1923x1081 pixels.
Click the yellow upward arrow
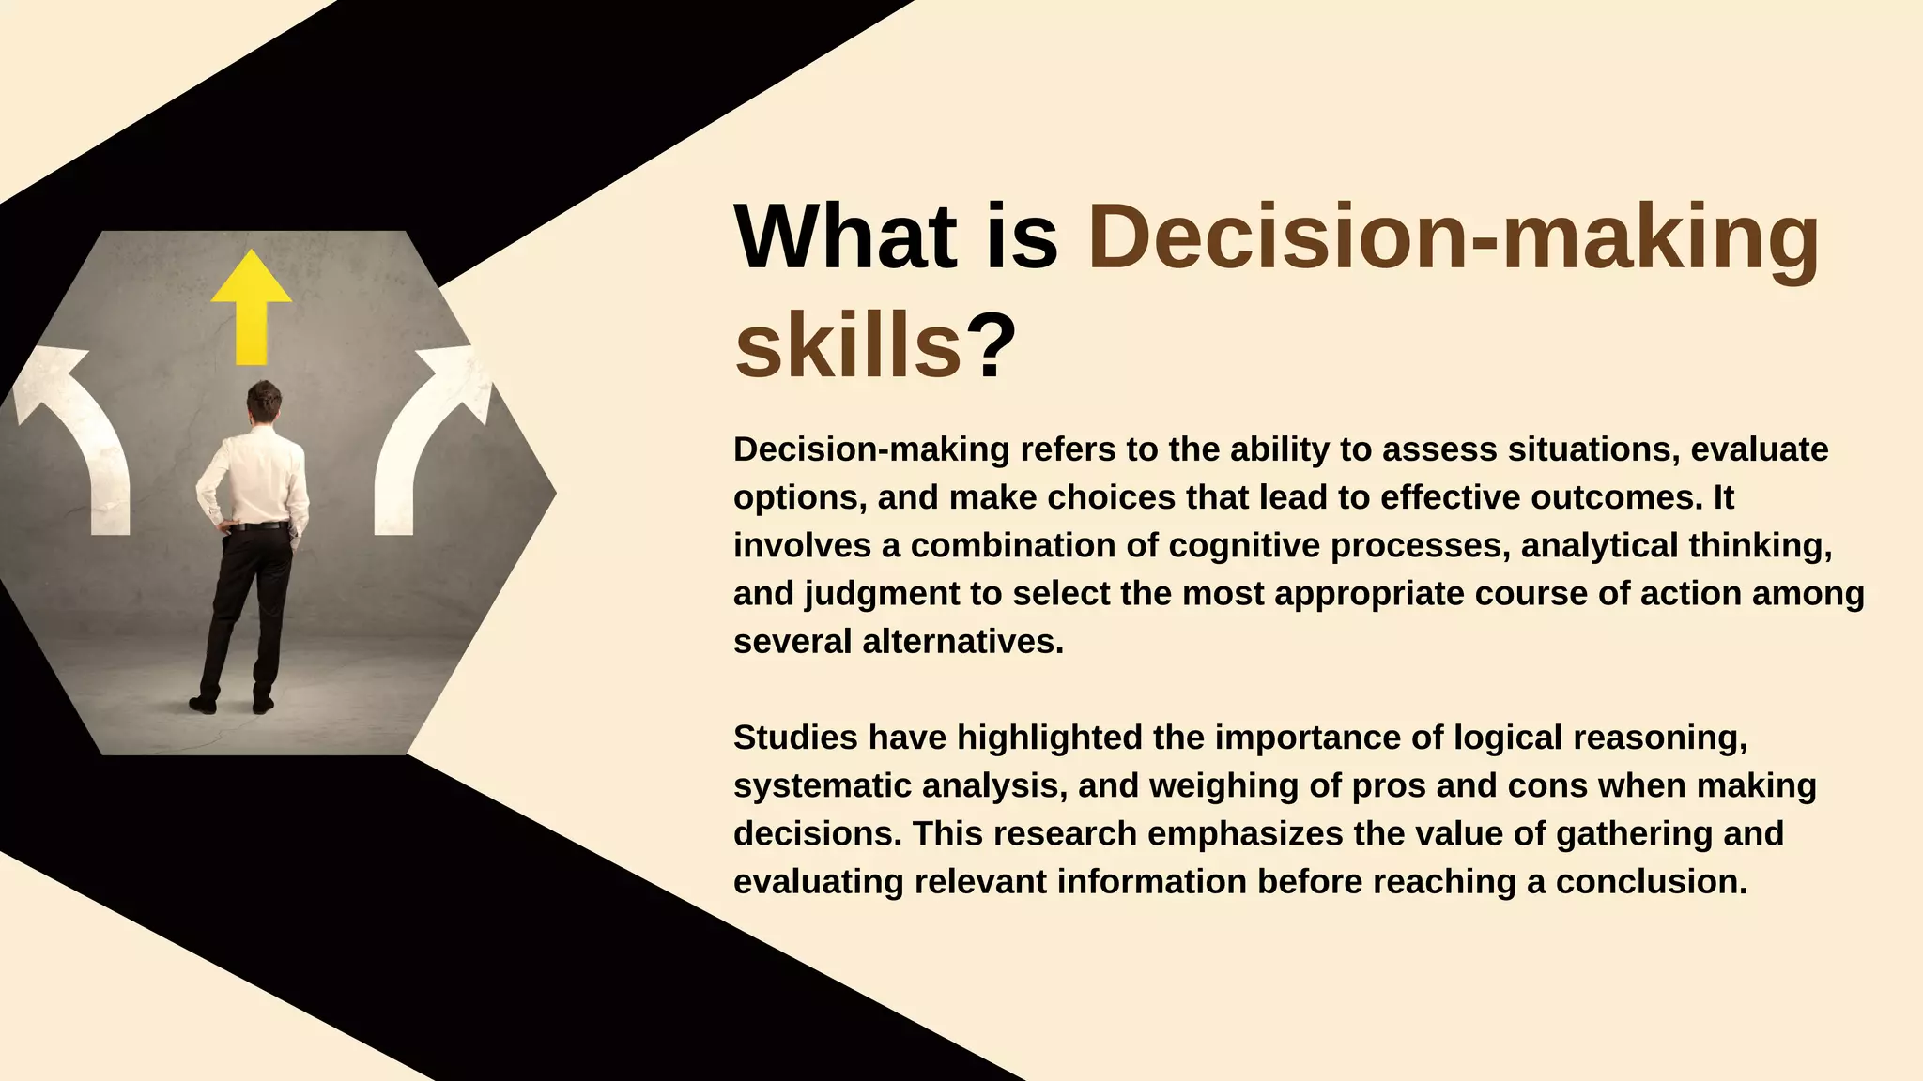tap(251, 305)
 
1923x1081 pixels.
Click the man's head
tap(264, 402)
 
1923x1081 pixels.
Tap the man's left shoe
tap(203, 704)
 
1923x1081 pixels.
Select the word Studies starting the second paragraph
tap(795, 738)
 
